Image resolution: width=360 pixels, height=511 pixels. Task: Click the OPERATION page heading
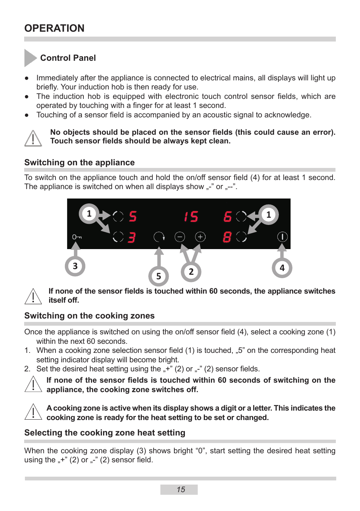(x=54, y=28)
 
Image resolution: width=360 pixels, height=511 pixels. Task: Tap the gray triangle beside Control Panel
(x=29, y=58)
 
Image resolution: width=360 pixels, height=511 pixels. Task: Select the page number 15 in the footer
(x=181, y=489)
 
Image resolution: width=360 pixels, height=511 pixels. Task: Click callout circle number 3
(x=75, y=266)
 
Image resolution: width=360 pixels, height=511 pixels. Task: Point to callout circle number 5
(x=158, y=276)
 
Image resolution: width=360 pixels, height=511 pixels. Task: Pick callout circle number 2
(x=191, y=272)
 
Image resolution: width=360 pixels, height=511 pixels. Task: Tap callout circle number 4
(x=282, y=268)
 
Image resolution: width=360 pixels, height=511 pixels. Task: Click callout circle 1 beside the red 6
(x=268, y=215)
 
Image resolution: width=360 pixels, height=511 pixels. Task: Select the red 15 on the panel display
(x=191, y=217)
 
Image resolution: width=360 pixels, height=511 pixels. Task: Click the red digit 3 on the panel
(x=131, y=237)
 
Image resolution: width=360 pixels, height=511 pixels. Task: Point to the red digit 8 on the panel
(x=227, y=237)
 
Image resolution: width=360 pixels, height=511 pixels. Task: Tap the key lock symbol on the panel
(x=77, y=237)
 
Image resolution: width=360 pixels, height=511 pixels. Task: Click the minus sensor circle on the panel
(x=180, y=237)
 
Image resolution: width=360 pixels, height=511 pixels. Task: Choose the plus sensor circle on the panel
(x=200, y=237)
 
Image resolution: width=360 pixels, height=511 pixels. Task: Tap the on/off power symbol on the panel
(x=282, y=237)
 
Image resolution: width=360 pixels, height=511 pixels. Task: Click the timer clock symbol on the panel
(x=159, y=237)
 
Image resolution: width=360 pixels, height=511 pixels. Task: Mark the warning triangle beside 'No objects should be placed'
(x=33, y=138)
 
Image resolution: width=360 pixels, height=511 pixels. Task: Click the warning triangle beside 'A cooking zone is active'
(x=33, y=412)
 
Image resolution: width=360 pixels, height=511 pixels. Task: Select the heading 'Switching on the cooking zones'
(x=89, y=316)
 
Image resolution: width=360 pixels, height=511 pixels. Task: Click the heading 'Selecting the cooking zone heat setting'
(x=105, y=433)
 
